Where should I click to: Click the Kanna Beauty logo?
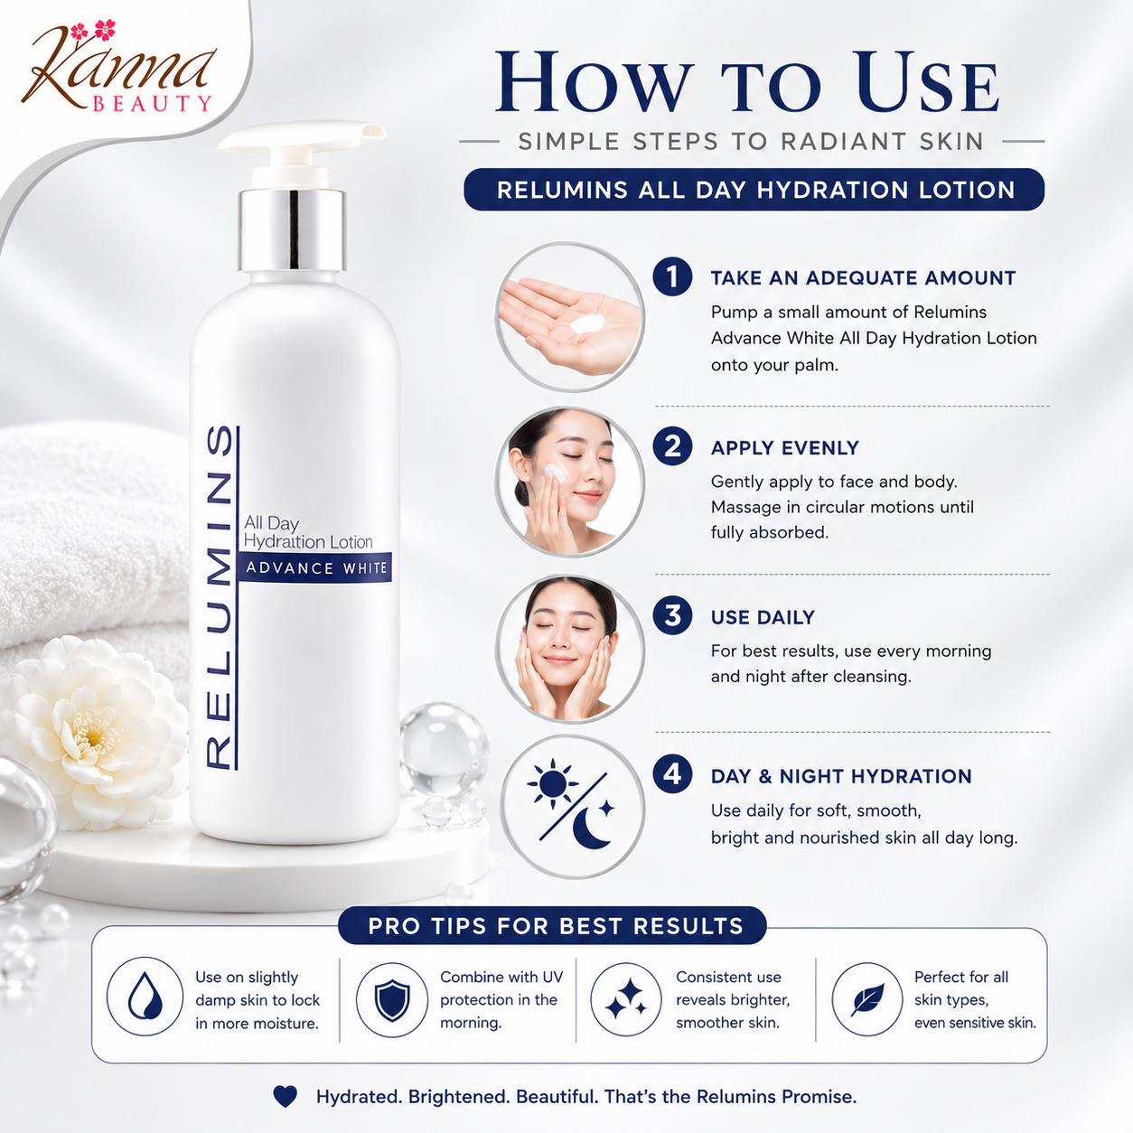[x=117, y=68]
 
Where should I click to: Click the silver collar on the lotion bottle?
[x=292, y=230]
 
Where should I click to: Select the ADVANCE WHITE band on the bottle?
[x=314, y=568]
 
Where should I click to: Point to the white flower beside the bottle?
[x=93, y=732]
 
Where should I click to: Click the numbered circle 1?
[x=672, y=277]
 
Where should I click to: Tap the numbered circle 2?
[x=672, y=446]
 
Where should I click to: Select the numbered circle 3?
[x=672, y=615]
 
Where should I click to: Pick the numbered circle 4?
[x=672, y=773]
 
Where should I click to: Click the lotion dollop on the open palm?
[x=587, y=324]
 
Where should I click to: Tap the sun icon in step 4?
[x=552, y=783]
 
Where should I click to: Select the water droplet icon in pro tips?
[x=145, y=997]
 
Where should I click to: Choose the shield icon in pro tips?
[x=392, y=1000]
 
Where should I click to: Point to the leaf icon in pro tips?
[x=868, y=999]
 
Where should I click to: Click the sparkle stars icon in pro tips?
[x=626, y=998]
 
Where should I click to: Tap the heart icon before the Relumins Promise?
[x=286, y=1096]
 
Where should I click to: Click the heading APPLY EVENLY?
[x=784, y=448]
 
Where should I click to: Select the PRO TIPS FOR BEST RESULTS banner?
[x=552, y=925]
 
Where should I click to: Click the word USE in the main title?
[x=927, y=82]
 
